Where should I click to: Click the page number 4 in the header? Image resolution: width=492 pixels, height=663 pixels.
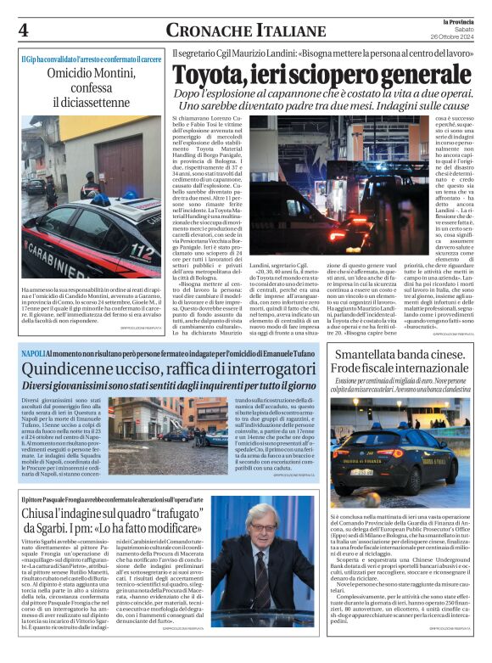(23, 31)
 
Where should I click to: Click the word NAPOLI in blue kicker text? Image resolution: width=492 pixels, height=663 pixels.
(34, 351)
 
